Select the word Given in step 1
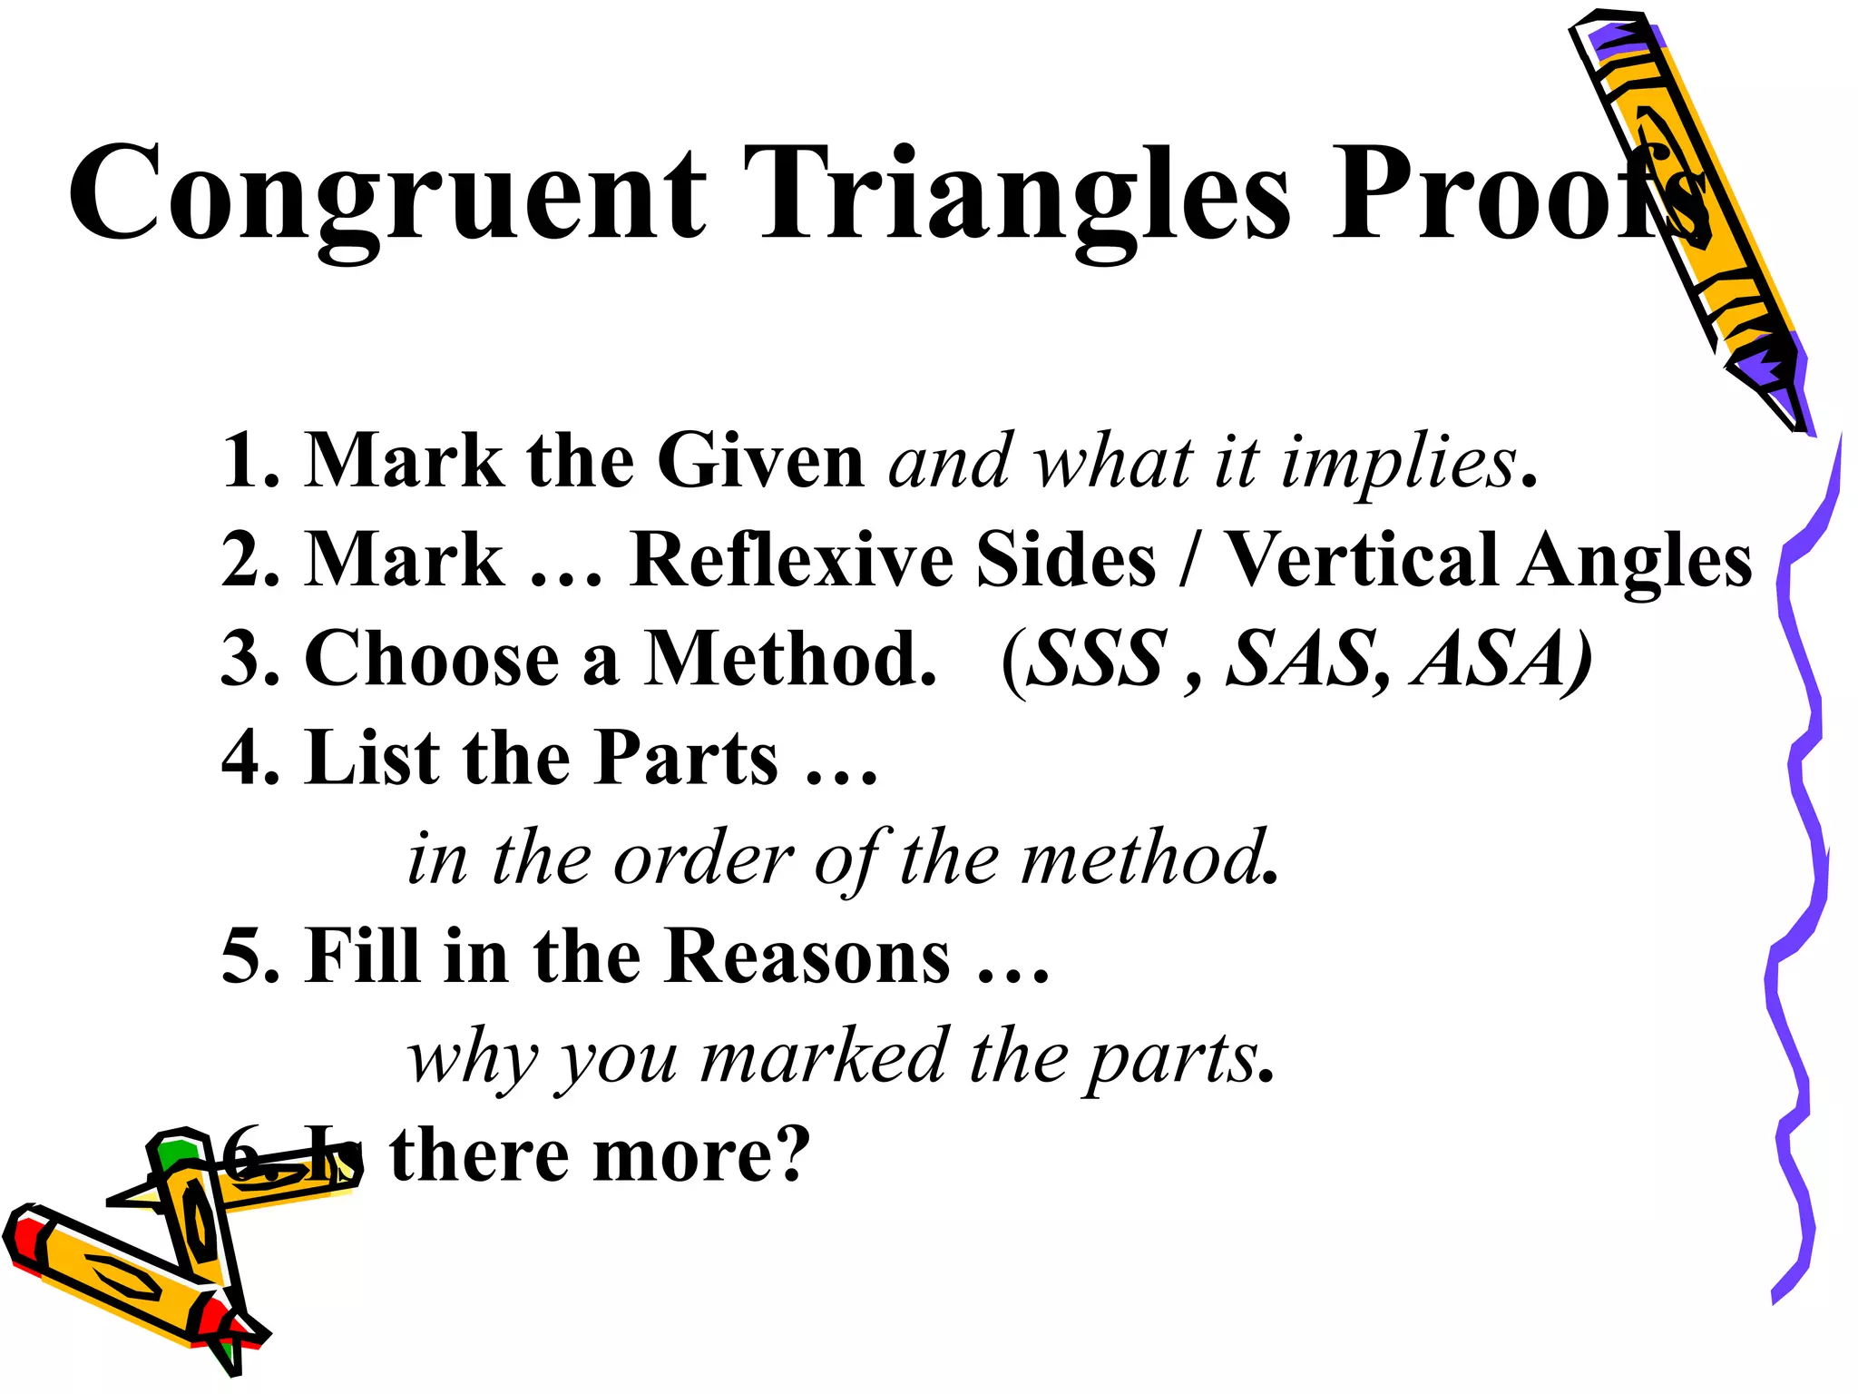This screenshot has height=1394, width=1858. tap(760, 461)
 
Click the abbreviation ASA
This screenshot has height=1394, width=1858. tap(1497, 659)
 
